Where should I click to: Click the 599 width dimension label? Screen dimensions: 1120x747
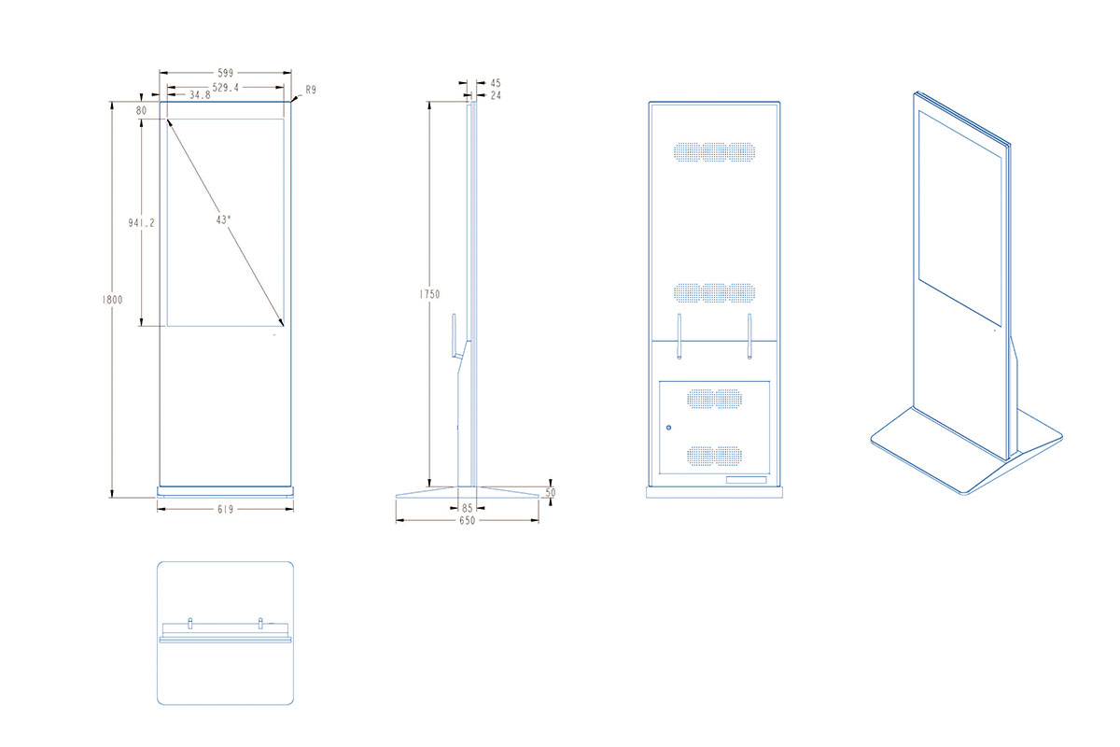[226, 73]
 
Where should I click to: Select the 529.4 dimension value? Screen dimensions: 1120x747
[226, 88]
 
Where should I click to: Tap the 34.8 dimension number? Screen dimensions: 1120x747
[200, 95]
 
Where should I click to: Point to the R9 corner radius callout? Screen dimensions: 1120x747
[311, 90]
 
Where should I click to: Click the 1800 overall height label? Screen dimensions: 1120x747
[112, 300]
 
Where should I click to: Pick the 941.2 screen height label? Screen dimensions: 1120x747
[142, 223]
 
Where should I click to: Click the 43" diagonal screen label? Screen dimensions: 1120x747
[223, 219]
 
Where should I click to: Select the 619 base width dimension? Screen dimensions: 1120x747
[226, 509]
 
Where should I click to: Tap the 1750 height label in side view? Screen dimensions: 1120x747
[429, 294]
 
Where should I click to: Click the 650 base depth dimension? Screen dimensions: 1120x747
[467, 520]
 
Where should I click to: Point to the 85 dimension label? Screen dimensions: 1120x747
[467, 508]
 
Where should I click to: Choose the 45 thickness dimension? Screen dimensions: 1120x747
[496, 83]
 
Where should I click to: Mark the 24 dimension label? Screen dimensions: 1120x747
[496, 95]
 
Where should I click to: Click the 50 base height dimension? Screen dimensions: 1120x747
[550, 492]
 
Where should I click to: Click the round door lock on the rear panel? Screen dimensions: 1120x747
[668, 428]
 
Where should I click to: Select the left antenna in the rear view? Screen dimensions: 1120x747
[679, 336]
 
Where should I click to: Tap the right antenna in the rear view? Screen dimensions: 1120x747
[749, 336]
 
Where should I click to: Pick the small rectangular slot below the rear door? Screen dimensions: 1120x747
[746, 480]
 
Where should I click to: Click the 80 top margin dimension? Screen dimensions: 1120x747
[142, 110]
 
